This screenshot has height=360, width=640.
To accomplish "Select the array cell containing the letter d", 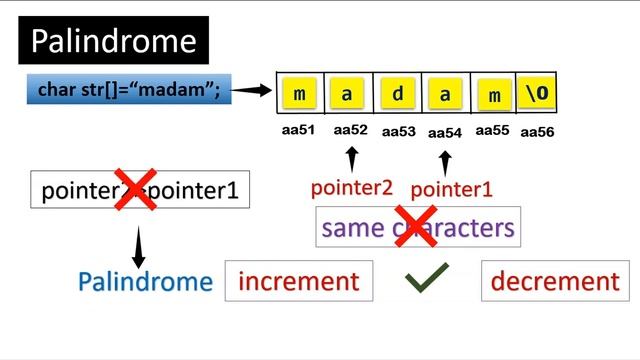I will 397,95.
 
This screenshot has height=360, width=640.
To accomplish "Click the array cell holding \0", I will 536,95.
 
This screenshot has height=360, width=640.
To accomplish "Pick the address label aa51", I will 299,130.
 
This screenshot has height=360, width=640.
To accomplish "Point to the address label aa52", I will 351,130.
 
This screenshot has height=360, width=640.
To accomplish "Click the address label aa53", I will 399,131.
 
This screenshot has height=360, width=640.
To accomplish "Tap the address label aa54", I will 445,132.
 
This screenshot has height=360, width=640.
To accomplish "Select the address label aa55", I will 493,130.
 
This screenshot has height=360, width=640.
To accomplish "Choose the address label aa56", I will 537,132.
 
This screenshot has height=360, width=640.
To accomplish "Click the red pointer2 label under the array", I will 351,187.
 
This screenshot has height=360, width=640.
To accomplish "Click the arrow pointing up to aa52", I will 351,159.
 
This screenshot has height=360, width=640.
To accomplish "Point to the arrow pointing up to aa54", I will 445,161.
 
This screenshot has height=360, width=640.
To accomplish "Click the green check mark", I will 426,281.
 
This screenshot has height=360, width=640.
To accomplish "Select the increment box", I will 299,281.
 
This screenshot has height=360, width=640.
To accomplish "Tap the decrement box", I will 555,281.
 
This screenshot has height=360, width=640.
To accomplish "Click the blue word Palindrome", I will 146,282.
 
